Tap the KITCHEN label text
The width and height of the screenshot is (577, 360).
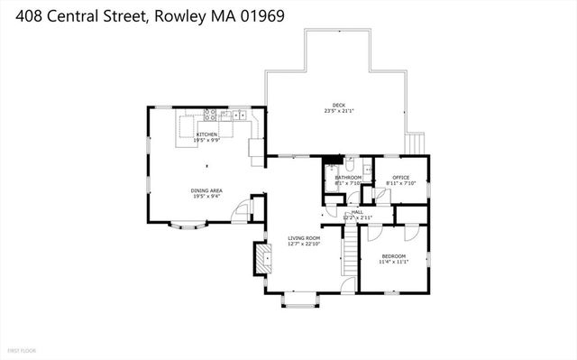[207, 134]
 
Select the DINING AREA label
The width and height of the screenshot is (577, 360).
[206, 190]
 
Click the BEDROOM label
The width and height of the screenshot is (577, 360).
[393, 257]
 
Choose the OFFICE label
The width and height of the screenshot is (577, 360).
[400, 177]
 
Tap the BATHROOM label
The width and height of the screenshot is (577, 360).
[347, 178]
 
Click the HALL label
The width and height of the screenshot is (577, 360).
[357, 212]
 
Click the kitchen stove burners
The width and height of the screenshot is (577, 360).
[209, 115]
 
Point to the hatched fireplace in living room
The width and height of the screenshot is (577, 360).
[263, 259]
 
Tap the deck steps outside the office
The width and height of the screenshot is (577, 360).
[415, 143]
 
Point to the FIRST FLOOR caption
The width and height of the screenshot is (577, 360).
[22, 348]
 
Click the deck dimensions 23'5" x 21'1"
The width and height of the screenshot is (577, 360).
[339, 111]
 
